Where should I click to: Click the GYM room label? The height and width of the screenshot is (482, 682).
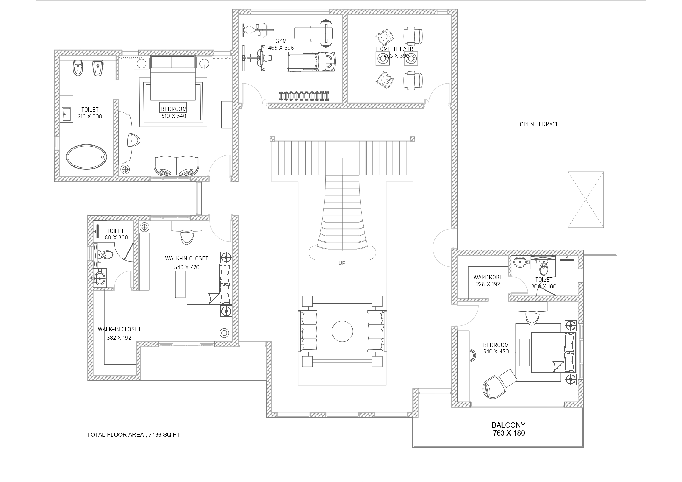281,41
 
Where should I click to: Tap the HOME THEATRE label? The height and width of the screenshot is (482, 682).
396,49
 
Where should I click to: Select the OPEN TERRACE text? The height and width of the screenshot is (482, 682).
539,124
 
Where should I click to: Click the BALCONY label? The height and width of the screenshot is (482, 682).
509,425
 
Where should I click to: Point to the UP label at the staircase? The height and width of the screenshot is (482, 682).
342,263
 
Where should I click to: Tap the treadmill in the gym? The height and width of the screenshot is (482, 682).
311,62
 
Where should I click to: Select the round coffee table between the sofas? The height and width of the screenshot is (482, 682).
342,331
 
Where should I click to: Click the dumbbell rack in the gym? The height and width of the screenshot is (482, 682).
304,96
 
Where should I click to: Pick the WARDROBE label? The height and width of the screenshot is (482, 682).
488,277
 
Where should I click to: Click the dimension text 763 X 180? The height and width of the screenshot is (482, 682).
509,433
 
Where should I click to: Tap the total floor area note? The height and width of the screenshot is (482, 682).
133,435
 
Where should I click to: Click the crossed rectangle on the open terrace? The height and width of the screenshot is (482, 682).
586,200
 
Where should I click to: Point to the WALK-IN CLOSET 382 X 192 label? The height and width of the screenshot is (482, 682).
119,333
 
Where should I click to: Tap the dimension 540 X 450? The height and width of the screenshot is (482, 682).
496,352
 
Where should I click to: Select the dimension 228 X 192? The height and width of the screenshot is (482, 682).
488,284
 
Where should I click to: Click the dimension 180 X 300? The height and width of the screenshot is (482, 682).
115,238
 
